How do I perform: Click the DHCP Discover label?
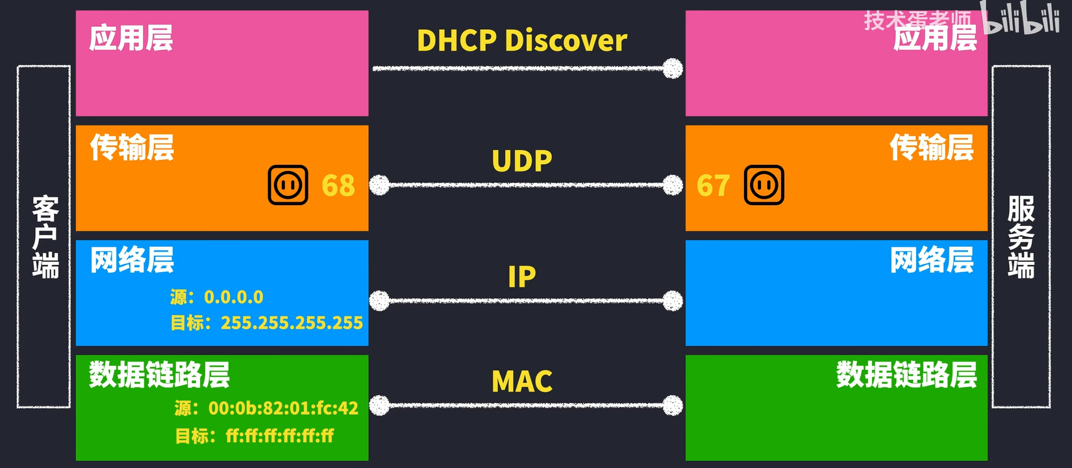[521, 40]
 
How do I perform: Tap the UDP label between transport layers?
[522, 161]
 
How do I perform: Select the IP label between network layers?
[522, 277]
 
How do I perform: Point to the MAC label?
[522, 382]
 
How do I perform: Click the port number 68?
[338, 186]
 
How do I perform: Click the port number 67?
[713, 186]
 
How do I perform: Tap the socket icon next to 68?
[288, 186]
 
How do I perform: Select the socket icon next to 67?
[764, 186]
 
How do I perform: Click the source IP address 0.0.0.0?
[234, 297]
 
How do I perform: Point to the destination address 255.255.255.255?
[292, 323]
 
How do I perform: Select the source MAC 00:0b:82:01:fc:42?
[283, 408]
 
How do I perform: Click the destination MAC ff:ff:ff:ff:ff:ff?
[280, 436]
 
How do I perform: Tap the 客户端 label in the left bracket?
[45, 237]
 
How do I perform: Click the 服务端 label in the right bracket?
[1021, 237]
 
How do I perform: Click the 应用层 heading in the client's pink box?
[131, 38]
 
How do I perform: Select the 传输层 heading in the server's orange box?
[932, 147]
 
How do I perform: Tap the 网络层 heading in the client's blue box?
[132, 260]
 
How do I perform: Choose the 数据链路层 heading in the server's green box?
[906, 375]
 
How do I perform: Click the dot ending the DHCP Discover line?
[673, 68]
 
